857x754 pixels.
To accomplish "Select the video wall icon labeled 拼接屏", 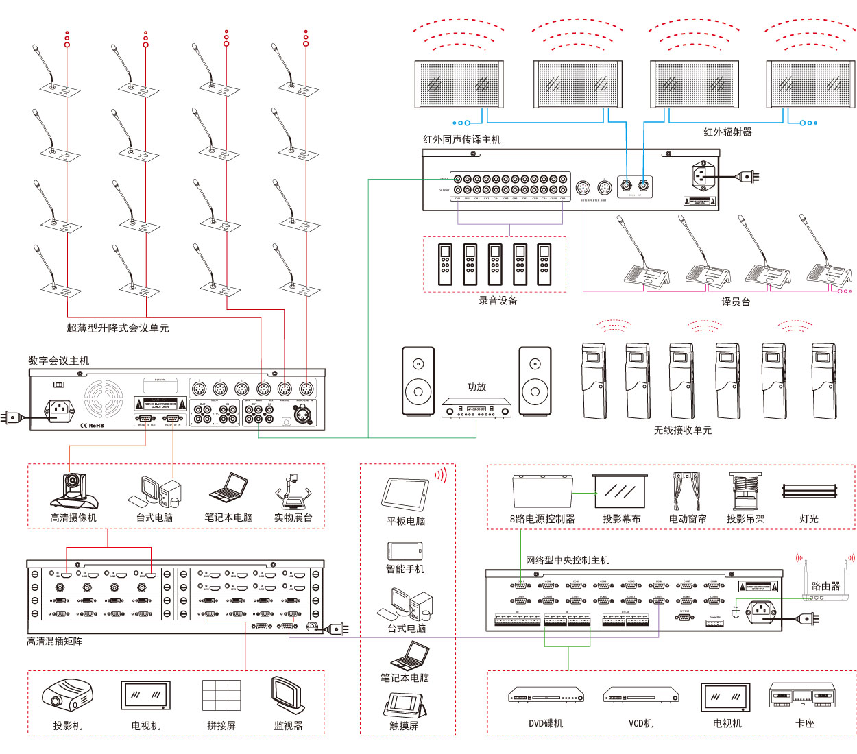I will pyautogui.click(x=221, y=696).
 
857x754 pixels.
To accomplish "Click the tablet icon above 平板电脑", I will pyautogui.click(x=405, y=494).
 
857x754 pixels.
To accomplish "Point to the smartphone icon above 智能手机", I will pyautogui.click(x=405, y=550).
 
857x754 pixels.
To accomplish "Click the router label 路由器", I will pyautogui.click(x=825, y=586).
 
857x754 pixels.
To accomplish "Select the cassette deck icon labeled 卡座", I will pyautogui.click(x=802, y=696).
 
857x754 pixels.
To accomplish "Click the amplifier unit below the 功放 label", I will pyautogui.click(x=476, y=409).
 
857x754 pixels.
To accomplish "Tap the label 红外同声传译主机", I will pyautogui.click(x=461, y=139).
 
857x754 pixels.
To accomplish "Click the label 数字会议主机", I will pyautogui.click(x=58, y=361).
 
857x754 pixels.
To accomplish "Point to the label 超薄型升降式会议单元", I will pyautogui.click(x=117, y=328).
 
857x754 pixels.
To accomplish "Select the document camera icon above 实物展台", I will pyautogui.click(x=293, y=491).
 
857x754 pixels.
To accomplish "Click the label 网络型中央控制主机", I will pyautogui.click(x=567, y=560).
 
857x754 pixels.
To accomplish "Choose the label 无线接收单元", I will pyautogui.click(x=682, y=430).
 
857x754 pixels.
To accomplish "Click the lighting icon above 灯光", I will pyautogui.click(x=809, y=491).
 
